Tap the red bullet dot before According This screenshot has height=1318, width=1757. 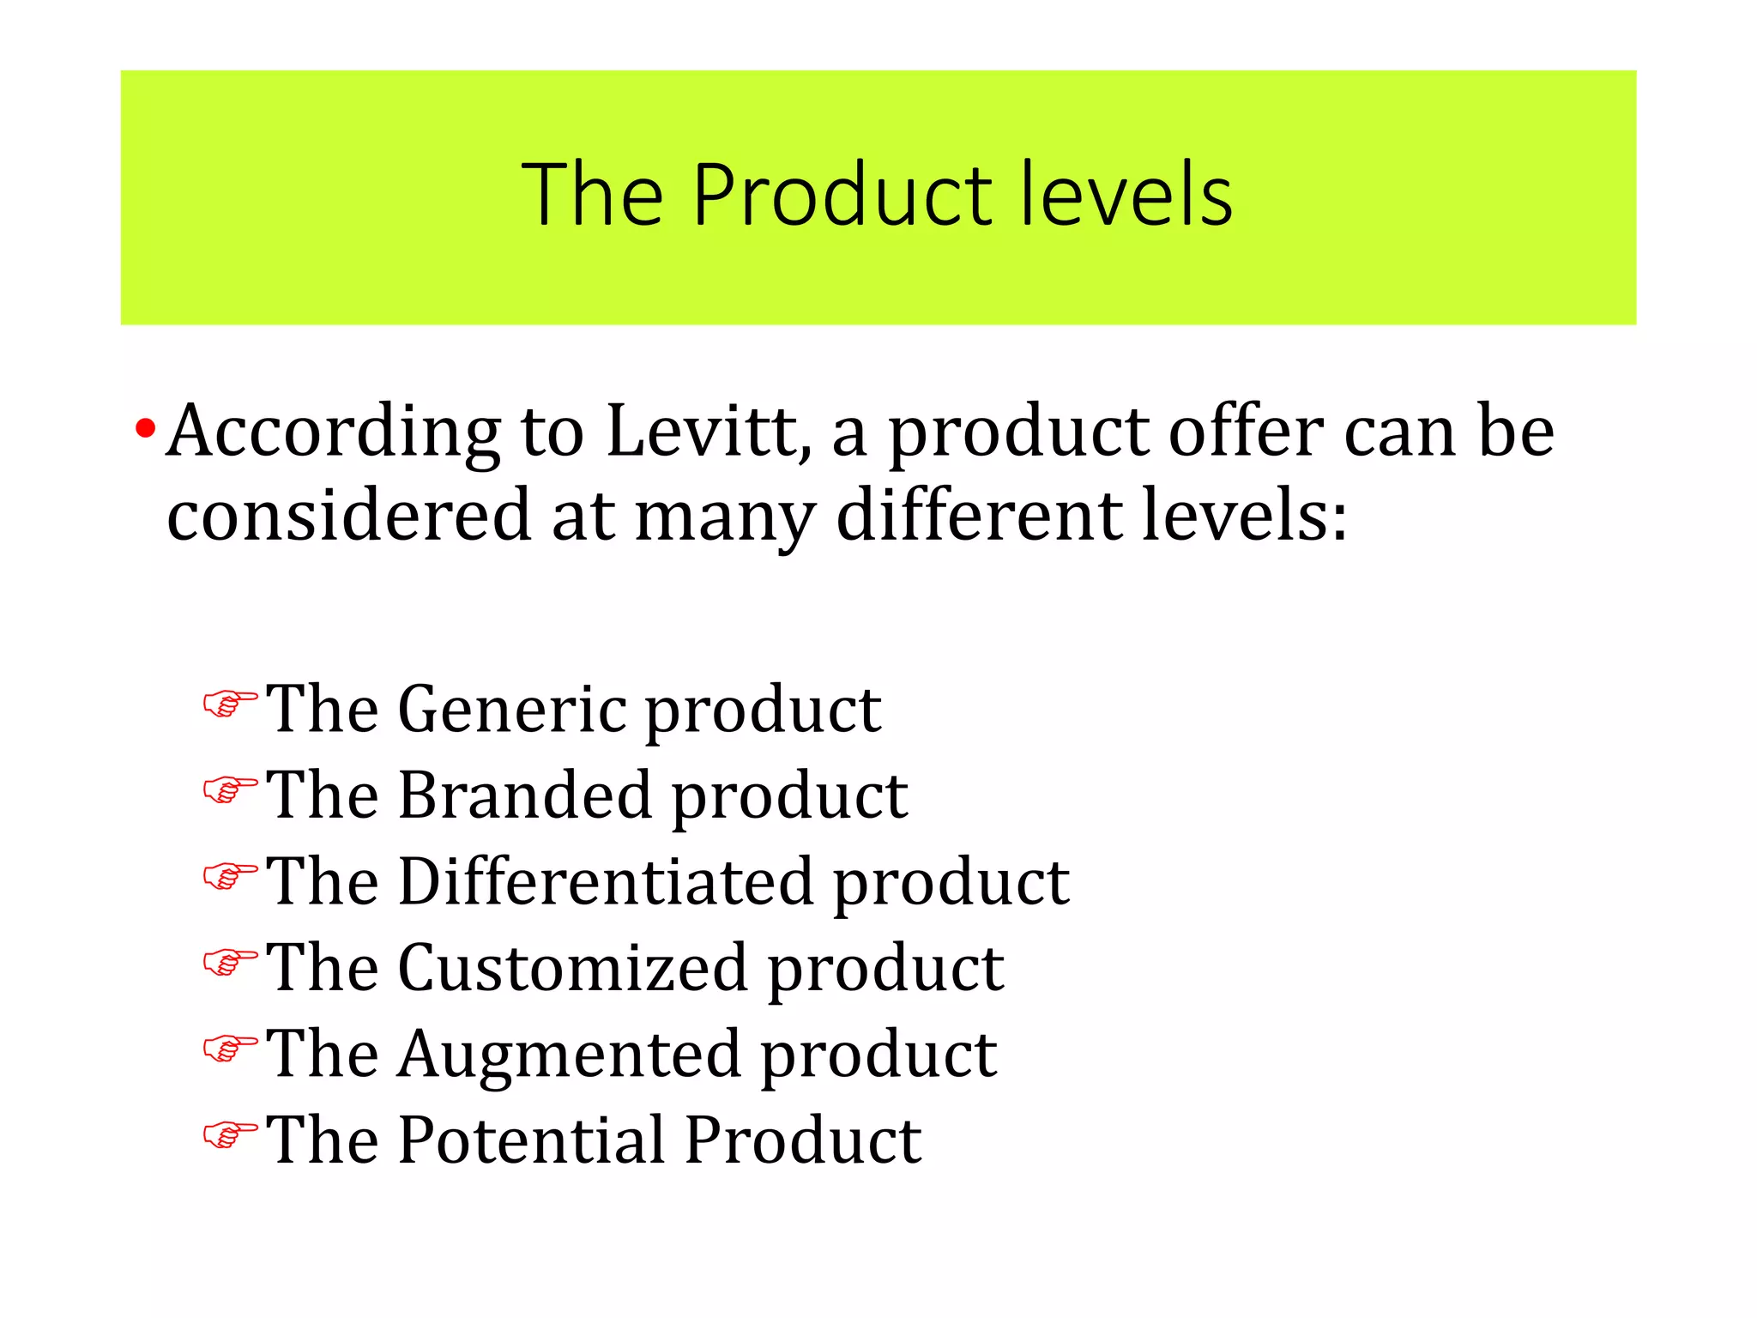[145, 428]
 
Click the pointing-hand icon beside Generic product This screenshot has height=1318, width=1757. [230, 704]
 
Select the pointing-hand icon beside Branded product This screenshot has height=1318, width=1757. [230, 790]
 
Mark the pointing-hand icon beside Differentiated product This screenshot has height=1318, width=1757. [230, 877]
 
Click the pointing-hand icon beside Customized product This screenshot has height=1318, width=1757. [230, 963]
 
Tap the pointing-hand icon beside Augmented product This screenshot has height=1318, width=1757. [230, 1049]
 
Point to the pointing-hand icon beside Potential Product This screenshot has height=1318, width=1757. [230, 1135]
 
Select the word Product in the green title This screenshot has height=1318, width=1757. [843, 196]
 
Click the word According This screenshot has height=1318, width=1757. [334, 432]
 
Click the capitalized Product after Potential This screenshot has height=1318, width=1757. [804, 1140]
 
